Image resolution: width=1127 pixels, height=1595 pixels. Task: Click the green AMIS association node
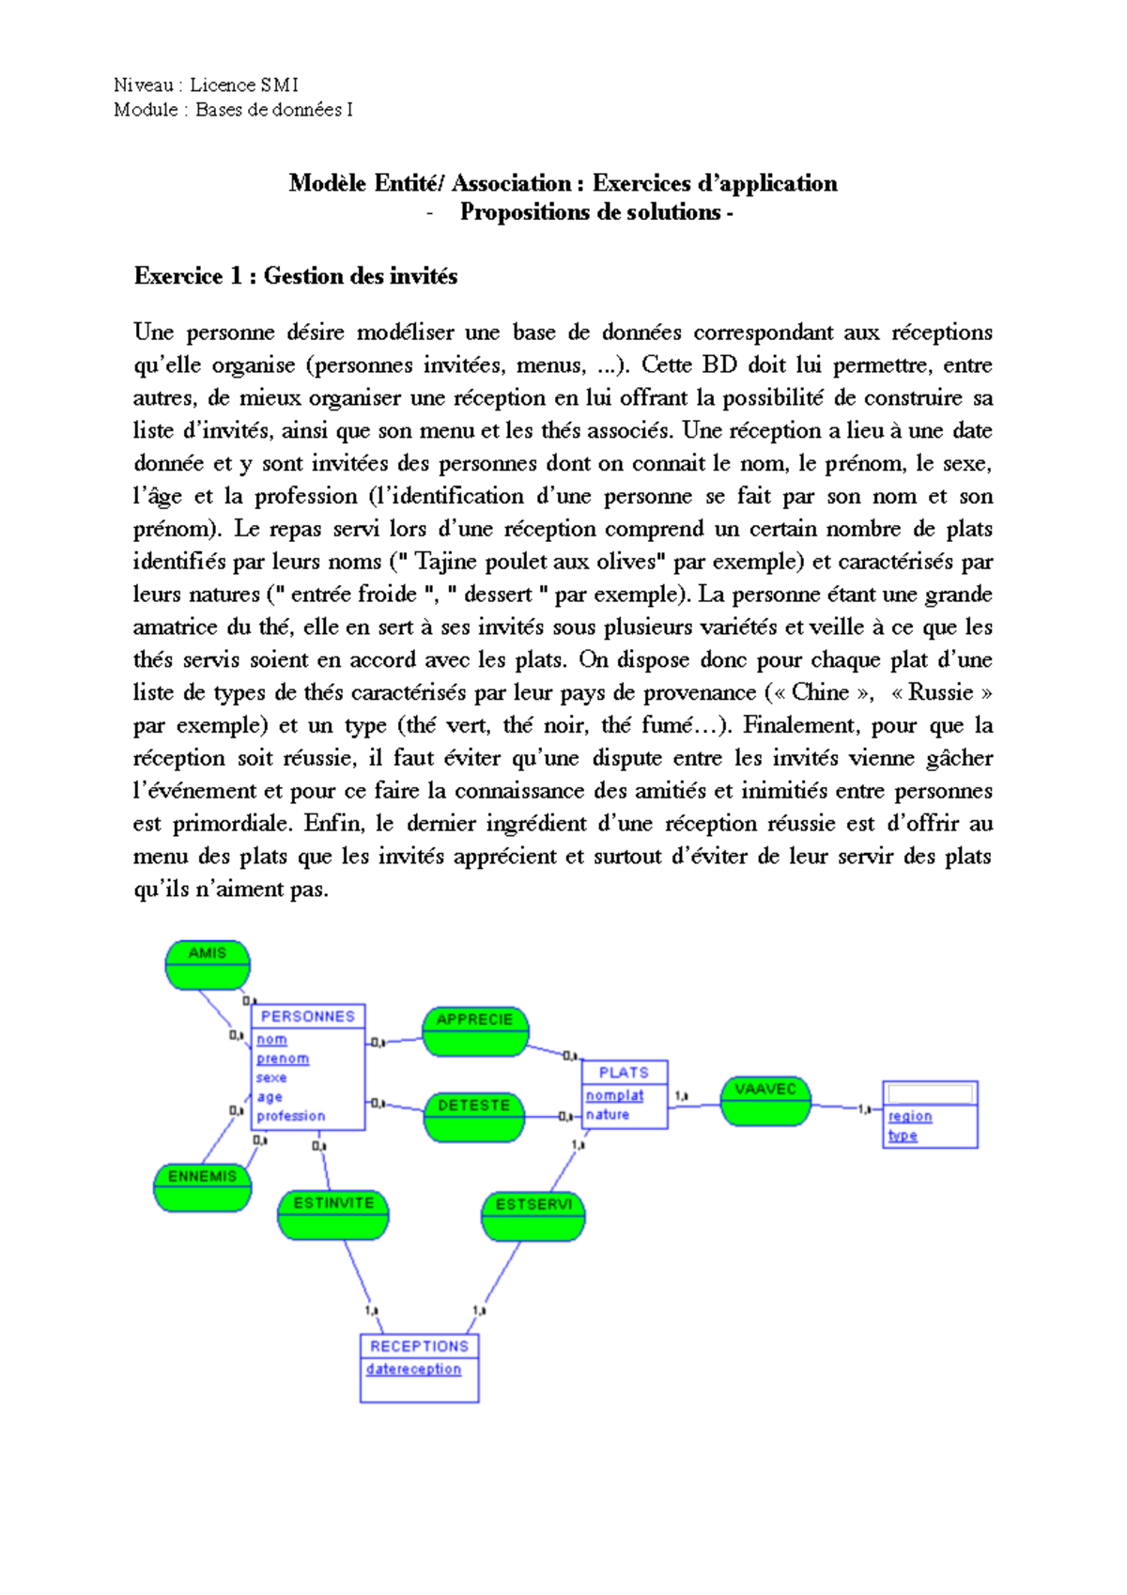coord(208,965)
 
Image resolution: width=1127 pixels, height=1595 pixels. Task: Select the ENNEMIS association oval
coord(202,1186)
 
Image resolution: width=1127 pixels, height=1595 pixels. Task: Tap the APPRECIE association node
coord(475,1030)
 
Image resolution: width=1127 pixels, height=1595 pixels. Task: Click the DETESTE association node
coord(474,1116)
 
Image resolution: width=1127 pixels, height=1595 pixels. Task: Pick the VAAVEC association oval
coord(765,1100)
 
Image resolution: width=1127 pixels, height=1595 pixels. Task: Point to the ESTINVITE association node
coord(333,1215)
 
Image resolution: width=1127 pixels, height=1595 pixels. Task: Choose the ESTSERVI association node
coord(533,1216)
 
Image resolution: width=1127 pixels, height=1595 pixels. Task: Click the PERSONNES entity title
coord(308,1016)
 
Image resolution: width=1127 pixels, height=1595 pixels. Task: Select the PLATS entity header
coord(624,1072)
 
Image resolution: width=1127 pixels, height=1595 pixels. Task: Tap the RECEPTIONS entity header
coord(419,1346)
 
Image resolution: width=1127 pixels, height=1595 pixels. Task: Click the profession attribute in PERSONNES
coord(291,1116)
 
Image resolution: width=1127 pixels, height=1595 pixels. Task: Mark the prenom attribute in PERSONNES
coord(283,1059)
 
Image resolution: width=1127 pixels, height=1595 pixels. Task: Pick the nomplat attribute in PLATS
coord(615,1095)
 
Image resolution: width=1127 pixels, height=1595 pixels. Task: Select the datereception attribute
coord(414,1370)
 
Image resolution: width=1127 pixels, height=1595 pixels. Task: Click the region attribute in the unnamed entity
coord(910,1116)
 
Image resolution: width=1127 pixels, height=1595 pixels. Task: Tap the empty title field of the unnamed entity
coord(930,1093)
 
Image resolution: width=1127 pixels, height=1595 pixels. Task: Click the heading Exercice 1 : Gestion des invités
coord(296,276)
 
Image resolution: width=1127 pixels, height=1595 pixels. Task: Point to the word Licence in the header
coord(223,85)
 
